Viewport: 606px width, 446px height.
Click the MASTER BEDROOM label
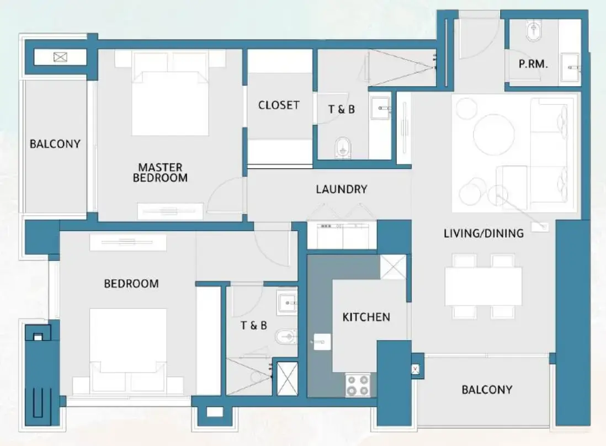[160, 172]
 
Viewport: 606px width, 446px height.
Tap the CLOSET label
[279, 105]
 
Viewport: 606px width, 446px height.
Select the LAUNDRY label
[341, 189]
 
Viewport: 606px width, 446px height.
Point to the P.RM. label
[533, 64]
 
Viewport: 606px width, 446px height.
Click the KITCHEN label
[366, 317]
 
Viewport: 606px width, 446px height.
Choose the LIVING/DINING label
[483, 233]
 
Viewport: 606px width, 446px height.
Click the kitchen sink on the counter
[321, 342]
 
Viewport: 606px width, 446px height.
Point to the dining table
[483, 286]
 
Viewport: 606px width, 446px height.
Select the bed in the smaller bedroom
[128, 348]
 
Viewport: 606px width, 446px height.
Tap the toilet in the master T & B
[343, 146]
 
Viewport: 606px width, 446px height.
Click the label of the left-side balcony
[55, 144]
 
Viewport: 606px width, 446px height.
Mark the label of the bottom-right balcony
[486, 390]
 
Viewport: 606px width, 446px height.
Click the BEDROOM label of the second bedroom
[131, 284]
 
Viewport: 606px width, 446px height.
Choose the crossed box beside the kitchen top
[394, 267]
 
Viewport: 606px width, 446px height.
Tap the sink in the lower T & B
[288, 302]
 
